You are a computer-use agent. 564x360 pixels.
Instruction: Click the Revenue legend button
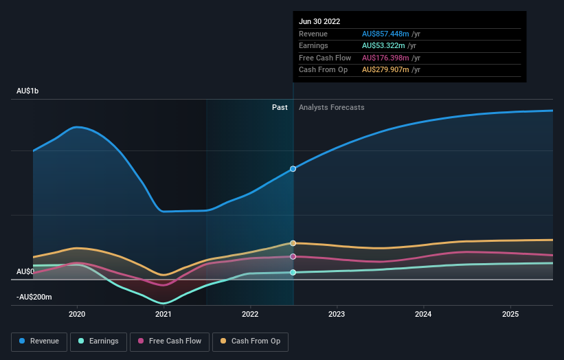(x=39, y=341)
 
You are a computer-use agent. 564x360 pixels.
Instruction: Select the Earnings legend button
(x=99, y=341)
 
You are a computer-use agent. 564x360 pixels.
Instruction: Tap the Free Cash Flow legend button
(x=170, y=341)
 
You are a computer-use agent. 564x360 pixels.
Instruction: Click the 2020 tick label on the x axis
(x=77, y=315)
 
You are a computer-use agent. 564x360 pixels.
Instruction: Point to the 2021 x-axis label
(x=163, y=315)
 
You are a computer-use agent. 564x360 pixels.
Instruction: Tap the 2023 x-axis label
(x=337, y=315)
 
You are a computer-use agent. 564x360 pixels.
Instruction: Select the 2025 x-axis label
(x=510, y=315)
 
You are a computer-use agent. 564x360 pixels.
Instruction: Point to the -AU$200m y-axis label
(x=34, y=297)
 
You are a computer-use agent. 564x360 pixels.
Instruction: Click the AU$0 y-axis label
(x=25, y=272)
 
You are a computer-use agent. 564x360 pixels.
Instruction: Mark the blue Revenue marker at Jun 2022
(x=293, y=168)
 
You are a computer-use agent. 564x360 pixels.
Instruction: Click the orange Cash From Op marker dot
(x=293, y=243)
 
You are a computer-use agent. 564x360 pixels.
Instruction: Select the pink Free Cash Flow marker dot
(x=293, y=256)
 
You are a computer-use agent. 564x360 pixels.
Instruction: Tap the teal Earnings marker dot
(x=293, y=273)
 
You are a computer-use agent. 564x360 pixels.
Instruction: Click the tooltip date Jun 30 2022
(x=319, y=22)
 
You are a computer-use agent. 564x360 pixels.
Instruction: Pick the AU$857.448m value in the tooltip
(x=385, y=34)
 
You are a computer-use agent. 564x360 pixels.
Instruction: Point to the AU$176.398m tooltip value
(x=385, y=58)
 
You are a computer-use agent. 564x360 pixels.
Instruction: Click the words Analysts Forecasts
(x=332, y=107)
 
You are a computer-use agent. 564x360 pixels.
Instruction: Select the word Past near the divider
(x=280, y=107)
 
